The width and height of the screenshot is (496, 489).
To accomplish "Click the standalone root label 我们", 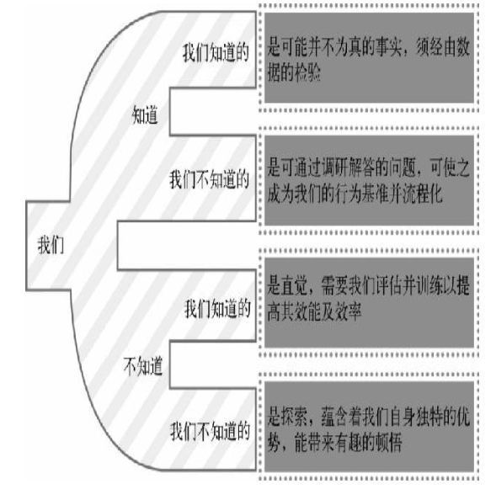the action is click(51, 245).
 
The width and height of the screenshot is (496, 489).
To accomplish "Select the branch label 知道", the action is click(145, 114).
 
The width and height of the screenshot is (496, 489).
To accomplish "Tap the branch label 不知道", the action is click(143, 366).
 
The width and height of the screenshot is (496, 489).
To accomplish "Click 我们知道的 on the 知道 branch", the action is click(216, 52).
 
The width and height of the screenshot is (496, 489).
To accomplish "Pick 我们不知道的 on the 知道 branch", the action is click(210, 179).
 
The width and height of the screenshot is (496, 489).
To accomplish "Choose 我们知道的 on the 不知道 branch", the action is click(217, 309).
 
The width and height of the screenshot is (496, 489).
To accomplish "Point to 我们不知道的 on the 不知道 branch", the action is click(210, 431).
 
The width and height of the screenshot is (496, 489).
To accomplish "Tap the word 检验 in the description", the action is click(307, 72).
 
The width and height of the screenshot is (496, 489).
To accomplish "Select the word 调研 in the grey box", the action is click(334, 167).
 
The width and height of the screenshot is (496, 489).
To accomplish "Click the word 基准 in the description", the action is click(376, 193).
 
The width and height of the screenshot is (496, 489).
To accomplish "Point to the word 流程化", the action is click(423, 193).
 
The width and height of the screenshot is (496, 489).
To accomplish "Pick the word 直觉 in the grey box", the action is click(294, 285).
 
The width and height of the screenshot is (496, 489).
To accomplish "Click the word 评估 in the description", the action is click(389, 285).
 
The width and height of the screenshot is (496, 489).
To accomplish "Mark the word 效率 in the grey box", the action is click(348, 311).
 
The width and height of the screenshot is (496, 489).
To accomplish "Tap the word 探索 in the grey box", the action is click(294, 417).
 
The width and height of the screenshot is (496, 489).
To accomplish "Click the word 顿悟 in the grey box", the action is click(388, 442).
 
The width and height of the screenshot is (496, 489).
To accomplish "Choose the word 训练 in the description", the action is click(429, 285).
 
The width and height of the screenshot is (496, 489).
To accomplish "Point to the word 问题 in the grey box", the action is click(402, 167).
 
